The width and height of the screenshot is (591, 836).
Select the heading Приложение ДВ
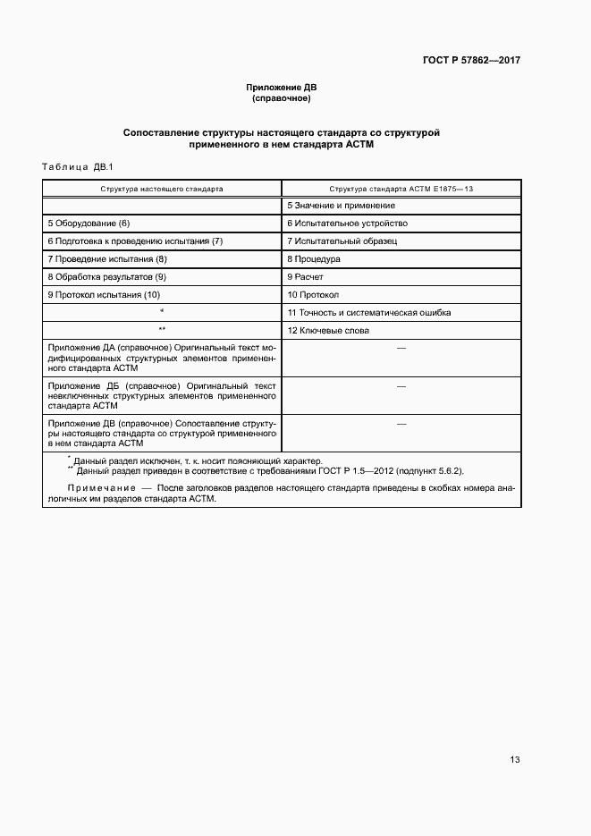282,87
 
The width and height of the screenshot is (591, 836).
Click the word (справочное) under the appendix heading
282,98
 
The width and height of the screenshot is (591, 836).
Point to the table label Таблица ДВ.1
75,167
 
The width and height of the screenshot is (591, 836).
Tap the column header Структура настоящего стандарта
162,189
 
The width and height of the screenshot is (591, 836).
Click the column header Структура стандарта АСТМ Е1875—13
401,189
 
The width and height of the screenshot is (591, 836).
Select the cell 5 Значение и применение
341,206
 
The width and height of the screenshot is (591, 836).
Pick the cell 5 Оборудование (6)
89,223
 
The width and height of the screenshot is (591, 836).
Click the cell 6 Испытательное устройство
347,223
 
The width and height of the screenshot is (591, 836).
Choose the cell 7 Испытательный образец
342,241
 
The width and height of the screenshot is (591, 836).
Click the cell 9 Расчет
305,277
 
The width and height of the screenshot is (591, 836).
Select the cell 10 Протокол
313,294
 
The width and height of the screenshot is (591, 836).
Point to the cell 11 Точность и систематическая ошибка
368,312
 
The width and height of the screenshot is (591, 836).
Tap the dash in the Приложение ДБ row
401,385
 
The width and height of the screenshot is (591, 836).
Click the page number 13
515,760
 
